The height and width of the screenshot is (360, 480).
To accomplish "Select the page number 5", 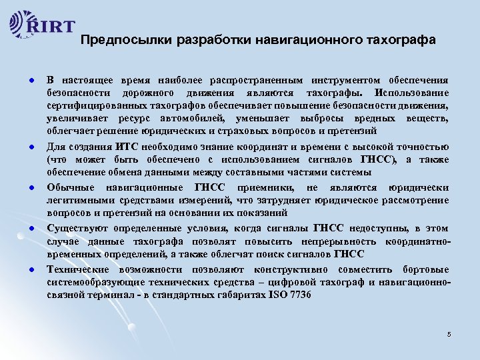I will pos(449,333).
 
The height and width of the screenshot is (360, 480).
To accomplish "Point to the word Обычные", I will pos(70,187).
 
